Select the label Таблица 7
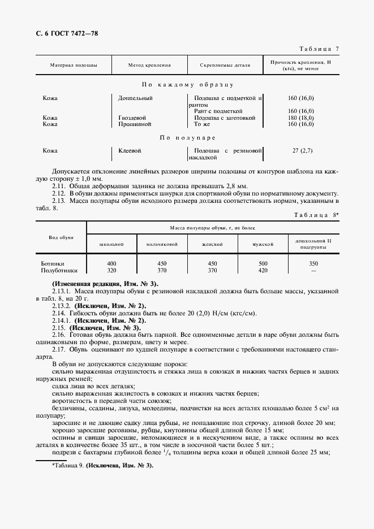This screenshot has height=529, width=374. tap(316, 49)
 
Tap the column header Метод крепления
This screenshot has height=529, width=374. tap(149, 65)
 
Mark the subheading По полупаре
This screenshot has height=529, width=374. tap(187, 137)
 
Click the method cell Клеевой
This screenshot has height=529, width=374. tap(130, 151)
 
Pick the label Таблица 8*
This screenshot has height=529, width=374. tap(317, 215)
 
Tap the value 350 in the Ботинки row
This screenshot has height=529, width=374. tap(313, 264)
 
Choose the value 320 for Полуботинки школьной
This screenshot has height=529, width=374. tap(111, 271)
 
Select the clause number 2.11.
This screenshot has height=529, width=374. tap(59, 186)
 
